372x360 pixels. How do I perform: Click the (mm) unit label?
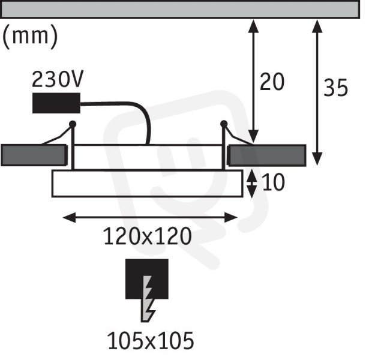(x=30, y=37)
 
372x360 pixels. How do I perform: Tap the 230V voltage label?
(x=58, y=79)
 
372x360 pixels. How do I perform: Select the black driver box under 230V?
(x=56, y=103)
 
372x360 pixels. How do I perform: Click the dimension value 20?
(x=272, y=82)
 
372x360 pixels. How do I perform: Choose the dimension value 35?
(x=336, y=88)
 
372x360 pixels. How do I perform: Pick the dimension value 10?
(x=273, y=182)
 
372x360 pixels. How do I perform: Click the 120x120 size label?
(x=148, y=236)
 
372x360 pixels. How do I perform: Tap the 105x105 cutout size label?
(x=151, y=341)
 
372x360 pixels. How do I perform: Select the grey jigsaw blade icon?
(x=148, y=299)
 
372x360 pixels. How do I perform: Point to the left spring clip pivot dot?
(x=73, y=124)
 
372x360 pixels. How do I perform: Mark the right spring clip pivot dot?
(x=224, y=124)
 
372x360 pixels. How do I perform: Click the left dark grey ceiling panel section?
(x=34, y=155)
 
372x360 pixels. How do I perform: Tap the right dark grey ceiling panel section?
(x=266, y=155)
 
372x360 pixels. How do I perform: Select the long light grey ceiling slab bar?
(x=181, y=9)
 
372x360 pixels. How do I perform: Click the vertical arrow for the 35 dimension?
(x=317, y=92)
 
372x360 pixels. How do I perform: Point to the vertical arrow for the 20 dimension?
(x=253, y=82)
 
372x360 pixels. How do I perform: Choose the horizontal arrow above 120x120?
(x=150, y=217)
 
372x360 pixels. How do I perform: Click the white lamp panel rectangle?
(x=148, y=184)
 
